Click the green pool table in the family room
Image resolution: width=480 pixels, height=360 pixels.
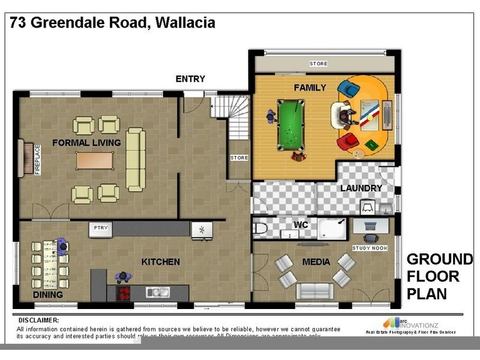tap(292, 125)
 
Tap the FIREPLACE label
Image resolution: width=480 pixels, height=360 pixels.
tap(37, 159)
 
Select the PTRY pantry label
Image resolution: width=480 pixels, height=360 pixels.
tap(100, 229)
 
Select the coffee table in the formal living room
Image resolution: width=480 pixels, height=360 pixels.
tap(95, 160)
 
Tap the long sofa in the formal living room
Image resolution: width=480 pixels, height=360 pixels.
tap(136, 159)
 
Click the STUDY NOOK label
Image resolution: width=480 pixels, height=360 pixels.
tap(370, 248)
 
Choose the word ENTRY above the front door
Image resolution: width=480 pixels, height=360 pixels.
tap(190, 79)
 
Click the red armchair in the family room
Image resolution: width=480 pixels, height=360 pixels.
tap(347, 143)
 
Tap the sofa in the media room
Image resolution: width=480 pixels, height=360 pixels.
tap(313, 290)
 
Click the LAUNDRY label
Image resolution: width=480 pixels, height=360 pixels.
tap(361, 188)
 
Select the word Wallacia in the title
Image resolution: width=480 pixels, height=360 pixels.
tap(185, 23)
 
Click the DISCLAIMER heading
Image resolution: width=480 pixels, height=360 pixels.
tap(38, 320)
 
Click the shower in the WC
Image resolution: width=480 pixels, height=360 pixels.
tap(332, 229)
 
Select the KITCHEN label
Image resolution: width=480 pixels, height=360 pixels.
tap(160, 262)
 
